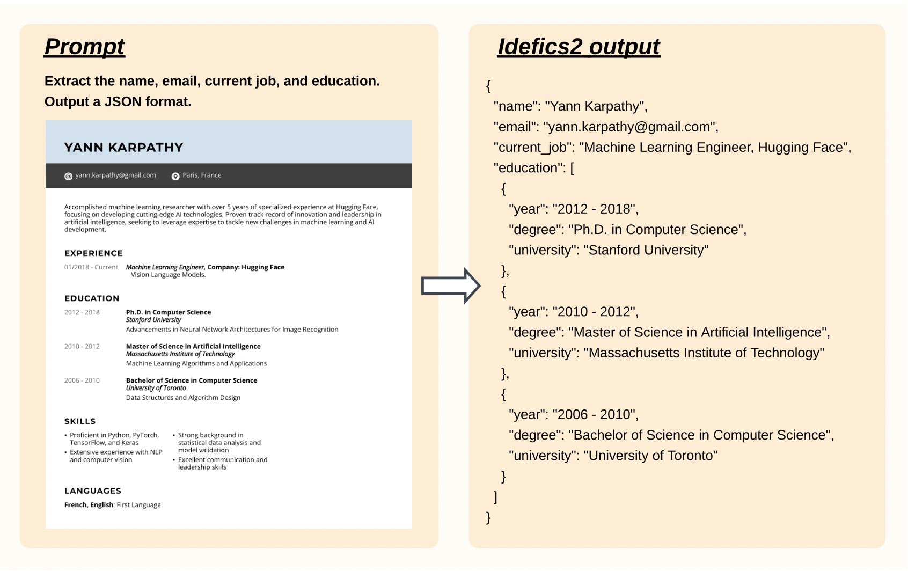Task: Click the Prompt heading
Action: point(84,47)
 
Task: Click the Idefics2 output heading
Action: point(579,47)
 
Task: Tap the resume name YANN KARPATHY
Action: point(123,148)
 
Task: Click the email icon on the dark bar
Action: point(68,176)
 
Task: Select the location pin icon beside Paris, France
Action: point(175,176)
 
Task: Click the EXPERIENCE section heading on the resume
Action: point(93,253)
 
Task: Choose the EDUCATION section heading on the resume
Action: point(92,298)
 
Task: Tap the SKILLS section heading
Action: point(80,421)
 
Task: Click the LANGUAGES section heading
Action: point(93,491)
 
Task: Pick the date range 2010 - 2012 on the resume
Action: point(82,347)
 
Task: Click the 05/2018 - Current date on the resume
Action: point(91,267)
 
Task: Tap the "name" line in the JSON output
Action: point(570,106)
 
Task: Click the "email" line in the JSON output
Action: point(606,127)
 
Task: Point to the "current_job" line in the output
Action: point(672,148)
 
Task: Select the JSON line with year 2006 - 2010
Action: point(573,414)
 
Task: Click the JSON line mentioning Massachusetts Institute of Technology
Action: point(666,353)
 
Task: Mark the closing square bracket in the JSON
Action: point(495,497)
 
